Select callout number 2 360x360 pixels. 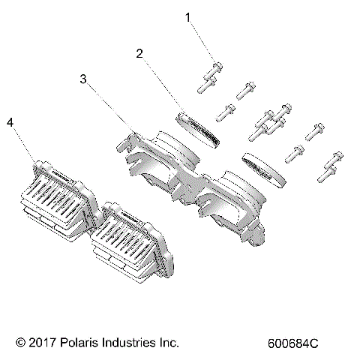(139, 53)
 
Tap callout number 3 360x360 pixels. (85, 77)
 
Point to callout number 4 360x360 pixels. (10, 121)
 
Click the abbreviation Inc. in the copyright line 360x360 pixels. (169, 343)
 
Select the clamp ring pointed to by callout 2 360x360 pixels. (199, 128)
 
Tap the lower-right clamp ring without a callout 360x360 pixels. (265, 169)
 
